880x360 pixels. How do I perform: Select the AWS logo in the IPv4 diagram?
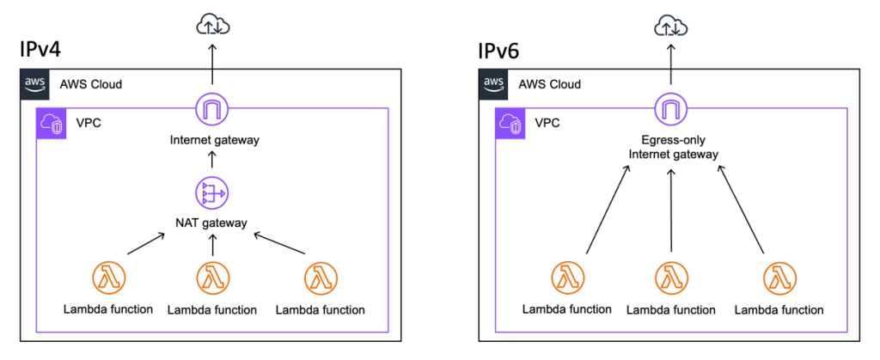[x=35, y=84]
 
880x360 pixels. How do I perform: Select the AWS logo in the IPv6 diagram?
[x=494, y=84]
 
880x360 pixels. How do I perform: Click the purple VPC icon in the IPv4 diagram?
[x=51, y=125]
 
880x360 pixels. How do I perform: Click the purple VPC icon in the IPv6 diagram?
[x=510, y=125]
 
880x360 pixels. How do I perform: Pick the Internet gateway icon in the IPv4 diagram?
[x=211, y=109]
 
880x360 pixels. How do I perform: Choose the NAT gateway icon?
[x=211, y=194]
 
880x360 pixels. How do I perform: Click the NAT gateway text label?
[x=211, y=223]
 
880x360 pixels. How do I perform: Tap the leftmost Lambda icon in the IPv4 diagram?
[x=108, y=278]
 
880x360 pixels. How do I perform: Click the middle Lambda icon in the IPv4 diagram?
[x=211, y=278]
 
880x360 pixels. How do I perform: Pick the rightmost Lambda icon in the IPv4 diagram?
[x=321, y=278]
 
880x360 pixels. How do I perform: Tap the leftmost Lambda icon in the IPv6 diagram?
[x=567, y=278]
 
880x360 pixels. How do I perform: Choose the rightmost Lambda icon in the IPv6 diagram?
[x=779, y=278]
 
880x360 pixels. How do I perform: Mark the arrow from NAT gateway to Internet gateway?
[x=211, y=162]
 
